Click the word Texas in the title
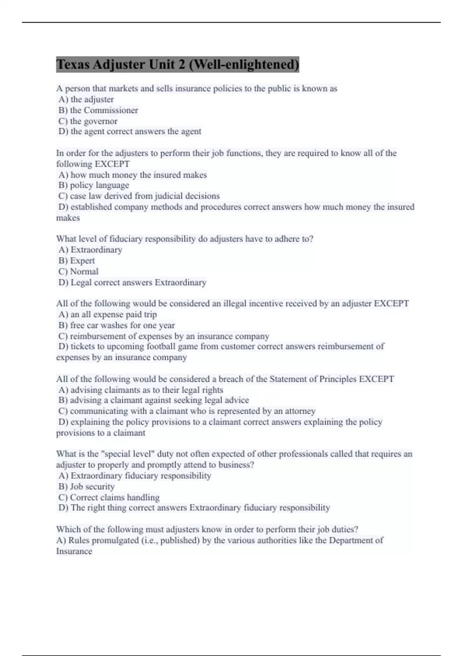(73, 64)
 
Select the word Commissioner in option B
(111, 110)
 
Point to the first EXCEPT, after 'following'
(112, 164)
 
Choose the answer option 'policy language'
(100, 185)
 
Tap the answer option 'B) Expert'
(77, 261)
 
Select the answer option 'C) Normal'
(78, 272)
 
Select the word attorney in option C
(300, 411)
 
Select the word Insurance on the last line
(74, 551)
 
